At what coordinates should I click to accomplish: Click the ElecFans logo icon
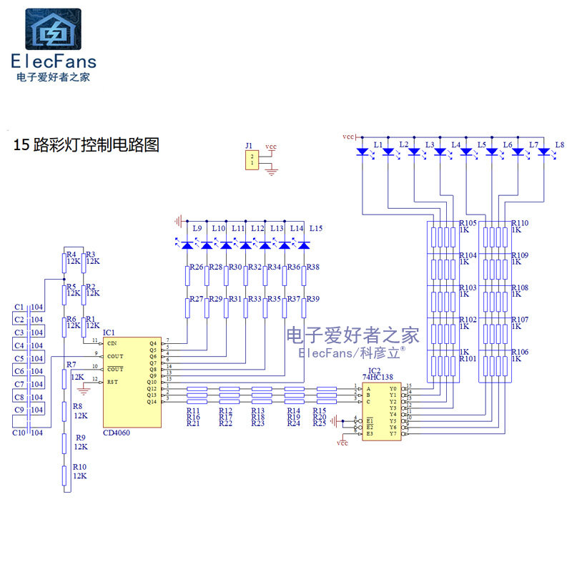point(54,29)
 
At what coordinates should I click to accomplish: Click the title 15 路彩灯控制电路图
point(87,145)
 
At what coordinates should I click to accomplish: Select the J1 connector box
point(250,160)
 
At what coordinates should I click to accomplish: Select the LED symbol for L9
point(188,245)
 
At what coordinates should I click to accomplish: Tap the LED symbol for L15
point(304,245)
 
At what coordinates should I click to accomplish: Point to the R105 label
point(468,223)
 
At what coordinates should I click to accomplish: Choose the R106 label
point(520,352)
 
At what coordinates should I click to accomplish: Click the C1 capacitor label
point(19,307)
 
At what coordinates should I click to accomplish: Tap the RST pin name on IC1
point(112,382)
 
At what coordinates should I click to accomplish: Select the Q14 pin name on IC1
point(152,402)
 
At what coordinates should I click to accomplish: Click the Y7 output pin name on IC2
point(393,434)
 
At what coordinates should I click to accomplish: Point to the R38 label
point(312,267)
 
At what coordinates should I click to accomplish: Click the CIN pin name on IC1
point(112,343)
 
